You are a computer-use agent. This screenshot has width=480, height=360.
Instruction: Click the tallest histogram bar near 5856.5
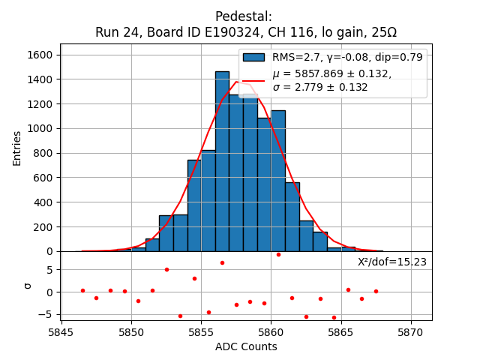(222, 161)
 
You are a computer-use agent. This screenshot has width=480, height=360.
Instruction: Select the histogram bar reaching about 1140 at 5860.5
(278, 181)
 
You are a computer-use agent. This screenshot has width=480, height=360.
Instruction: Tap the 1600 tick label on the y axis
(40, 55)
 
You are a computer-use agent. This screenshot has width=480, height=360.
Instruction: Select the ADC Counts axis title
(246, 346)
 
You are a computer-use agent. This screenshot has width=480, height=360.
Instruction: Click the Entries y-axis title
(17, 148)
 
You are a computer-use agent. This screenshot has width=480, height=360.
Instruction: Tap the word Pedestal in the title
(244, 16)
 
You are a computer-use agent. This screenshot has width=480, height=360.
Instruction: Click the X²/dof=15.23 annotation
(391, 262)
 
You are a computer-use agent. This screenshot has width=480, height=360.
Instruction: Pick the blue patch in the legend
(254, 57)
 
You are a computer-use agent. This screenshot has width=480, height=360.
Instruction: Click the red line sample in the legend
(254, 79)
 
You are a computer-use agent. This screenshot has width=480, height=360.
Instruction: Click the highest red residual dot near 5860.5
(278, 254)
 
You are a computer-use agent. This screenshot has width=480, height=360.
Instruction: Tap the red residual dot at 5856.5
(222, 262)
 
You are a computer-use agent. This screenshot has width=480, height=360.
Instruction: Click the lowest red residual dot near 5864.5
(334, 317)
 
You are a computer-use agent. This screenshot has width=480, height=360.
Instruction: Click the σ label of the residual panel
(28, 286)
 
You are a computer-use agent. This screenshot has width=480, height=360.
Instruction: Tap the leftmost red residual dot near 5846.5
(82, 290)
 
